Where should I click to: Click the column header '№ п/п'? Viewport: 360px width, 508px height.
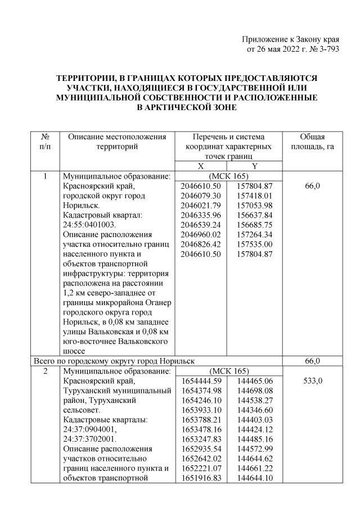(x=46, y=142)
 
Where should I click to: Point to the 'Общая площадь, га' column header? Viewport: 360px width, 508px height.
(x=312, y=142)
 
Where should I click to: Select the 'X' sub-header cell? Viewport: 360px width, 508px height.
(x=201, y=166)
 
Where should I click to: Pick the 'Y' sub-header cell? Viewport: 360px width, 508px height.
(x=254, y=166)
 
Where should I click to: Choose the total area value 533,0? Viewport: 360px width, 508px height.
(x=312, y=381)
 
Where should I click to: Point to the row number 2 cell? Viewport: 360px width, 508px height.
(x=46, y=371)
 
